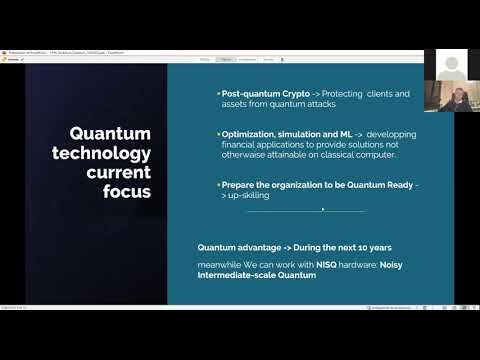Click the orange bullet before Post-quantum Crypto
[218, 94]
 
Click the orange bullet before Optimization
[218, 134]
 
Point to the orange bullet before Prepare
[218, 185]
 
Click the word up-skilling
[249, 196]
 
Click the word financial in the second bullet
[242, 145]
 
